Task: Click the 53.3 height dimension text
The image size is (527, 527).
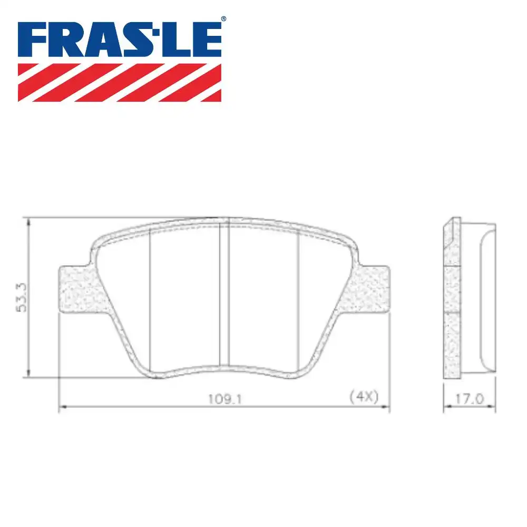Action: pyautogui.click(x=21, y=298)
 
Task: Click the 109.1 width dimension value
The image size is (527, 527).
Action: pyautogui.click(x=223, y=398)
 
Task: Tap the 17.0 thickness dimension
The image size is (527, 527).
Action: pyautogui.click(x=469, y=398)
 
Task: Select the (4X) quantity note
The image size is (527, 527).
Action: pyautogui.click(x=364, y=397)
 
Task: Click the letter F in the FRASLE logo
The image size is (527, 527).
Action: pyautogui.click(x=33, y=40)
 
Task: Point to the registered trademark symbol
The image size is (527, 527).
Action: pyautogui.click(x=223, y=19)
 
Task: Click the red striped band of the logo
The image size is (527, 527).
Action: pyautogui.click(x=120, y=82)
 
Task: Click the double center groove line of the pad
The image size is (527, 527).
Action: pyautogui.click(x=223, y=295)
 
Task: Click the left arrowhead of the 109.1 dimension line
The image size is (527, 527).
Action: pyautogui.click(x=61, y=407)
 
